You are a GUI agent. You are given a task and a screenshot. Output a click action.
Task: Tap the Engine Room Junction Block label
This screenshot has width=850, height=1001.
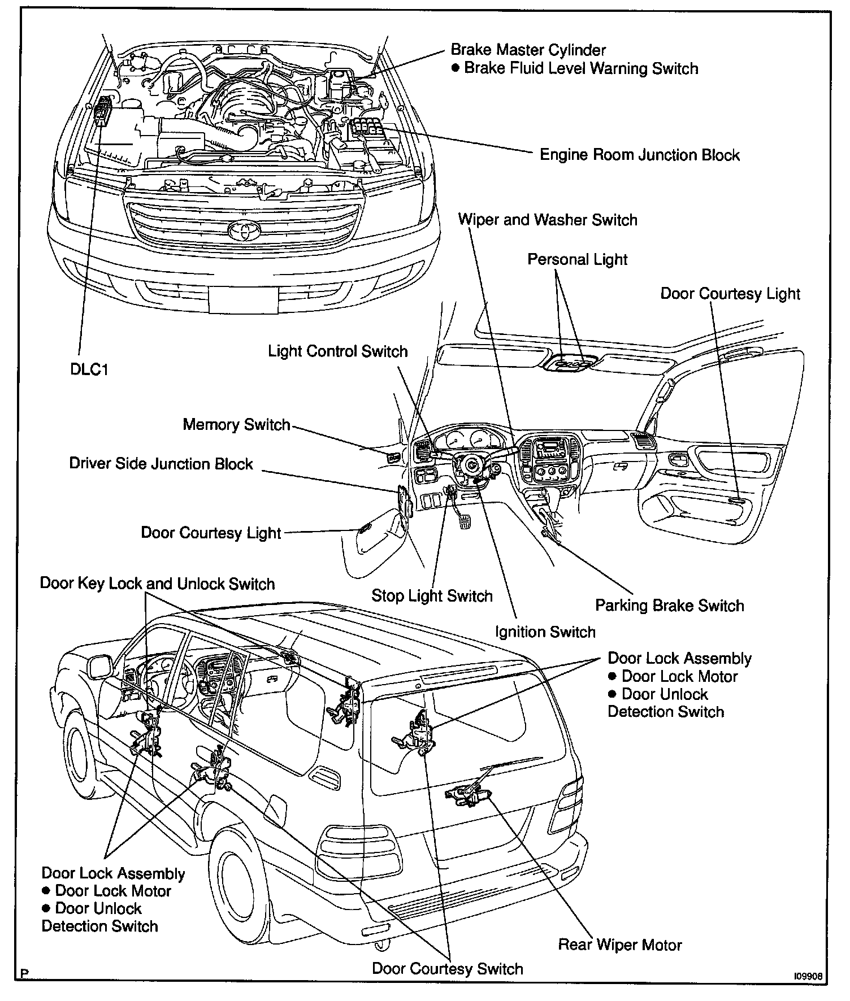(639, 155)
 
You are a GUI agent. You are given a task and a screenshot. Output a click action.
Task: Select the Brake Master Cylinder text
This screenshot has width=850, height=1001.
(528, 50)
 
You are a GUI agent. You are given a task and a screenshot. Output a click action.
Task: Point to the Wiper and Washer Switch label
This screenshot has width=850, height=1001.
(547, 220)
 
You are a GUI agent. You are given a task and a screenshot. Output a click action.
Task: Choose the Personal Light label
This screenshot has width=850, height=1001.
(577, 259)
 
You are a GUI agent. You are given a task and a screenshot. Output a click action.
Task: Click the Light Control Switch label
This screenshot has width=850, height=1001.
(337, 351)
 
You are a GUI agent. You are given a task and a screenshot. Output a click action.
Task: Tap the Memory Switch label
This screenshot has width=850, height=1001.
(236, 424)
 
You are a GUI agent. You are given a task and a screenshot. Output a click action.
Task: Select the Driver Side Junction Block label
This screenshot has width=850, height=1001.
(161, 464)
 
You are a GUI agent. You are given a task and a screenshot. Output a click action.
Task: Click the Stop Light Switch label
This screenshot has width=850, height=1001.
(432, 595)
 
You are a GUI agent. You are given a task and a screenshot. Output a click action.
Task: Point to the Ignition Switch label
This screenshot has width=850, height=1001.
(545, 632)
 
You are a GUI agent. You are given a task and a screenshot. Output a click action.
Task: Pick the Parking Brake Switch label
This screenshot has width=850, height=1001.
(669, 606)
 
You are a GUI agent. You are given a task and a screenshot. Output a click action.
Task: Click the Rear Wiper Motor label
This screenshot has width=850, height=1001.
(620, 945)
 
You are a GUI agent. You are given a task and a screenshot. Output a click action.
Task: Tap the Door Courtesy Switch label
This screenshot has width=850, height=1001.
(447, 969)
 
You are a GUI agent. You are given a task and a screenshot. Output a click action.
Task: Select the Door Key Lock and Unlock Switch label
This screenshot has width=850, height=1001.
(157, 584)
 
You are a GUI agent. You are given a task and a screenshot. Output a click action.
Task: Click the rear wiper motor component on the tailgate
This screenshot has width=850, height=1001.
(467, 793)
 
